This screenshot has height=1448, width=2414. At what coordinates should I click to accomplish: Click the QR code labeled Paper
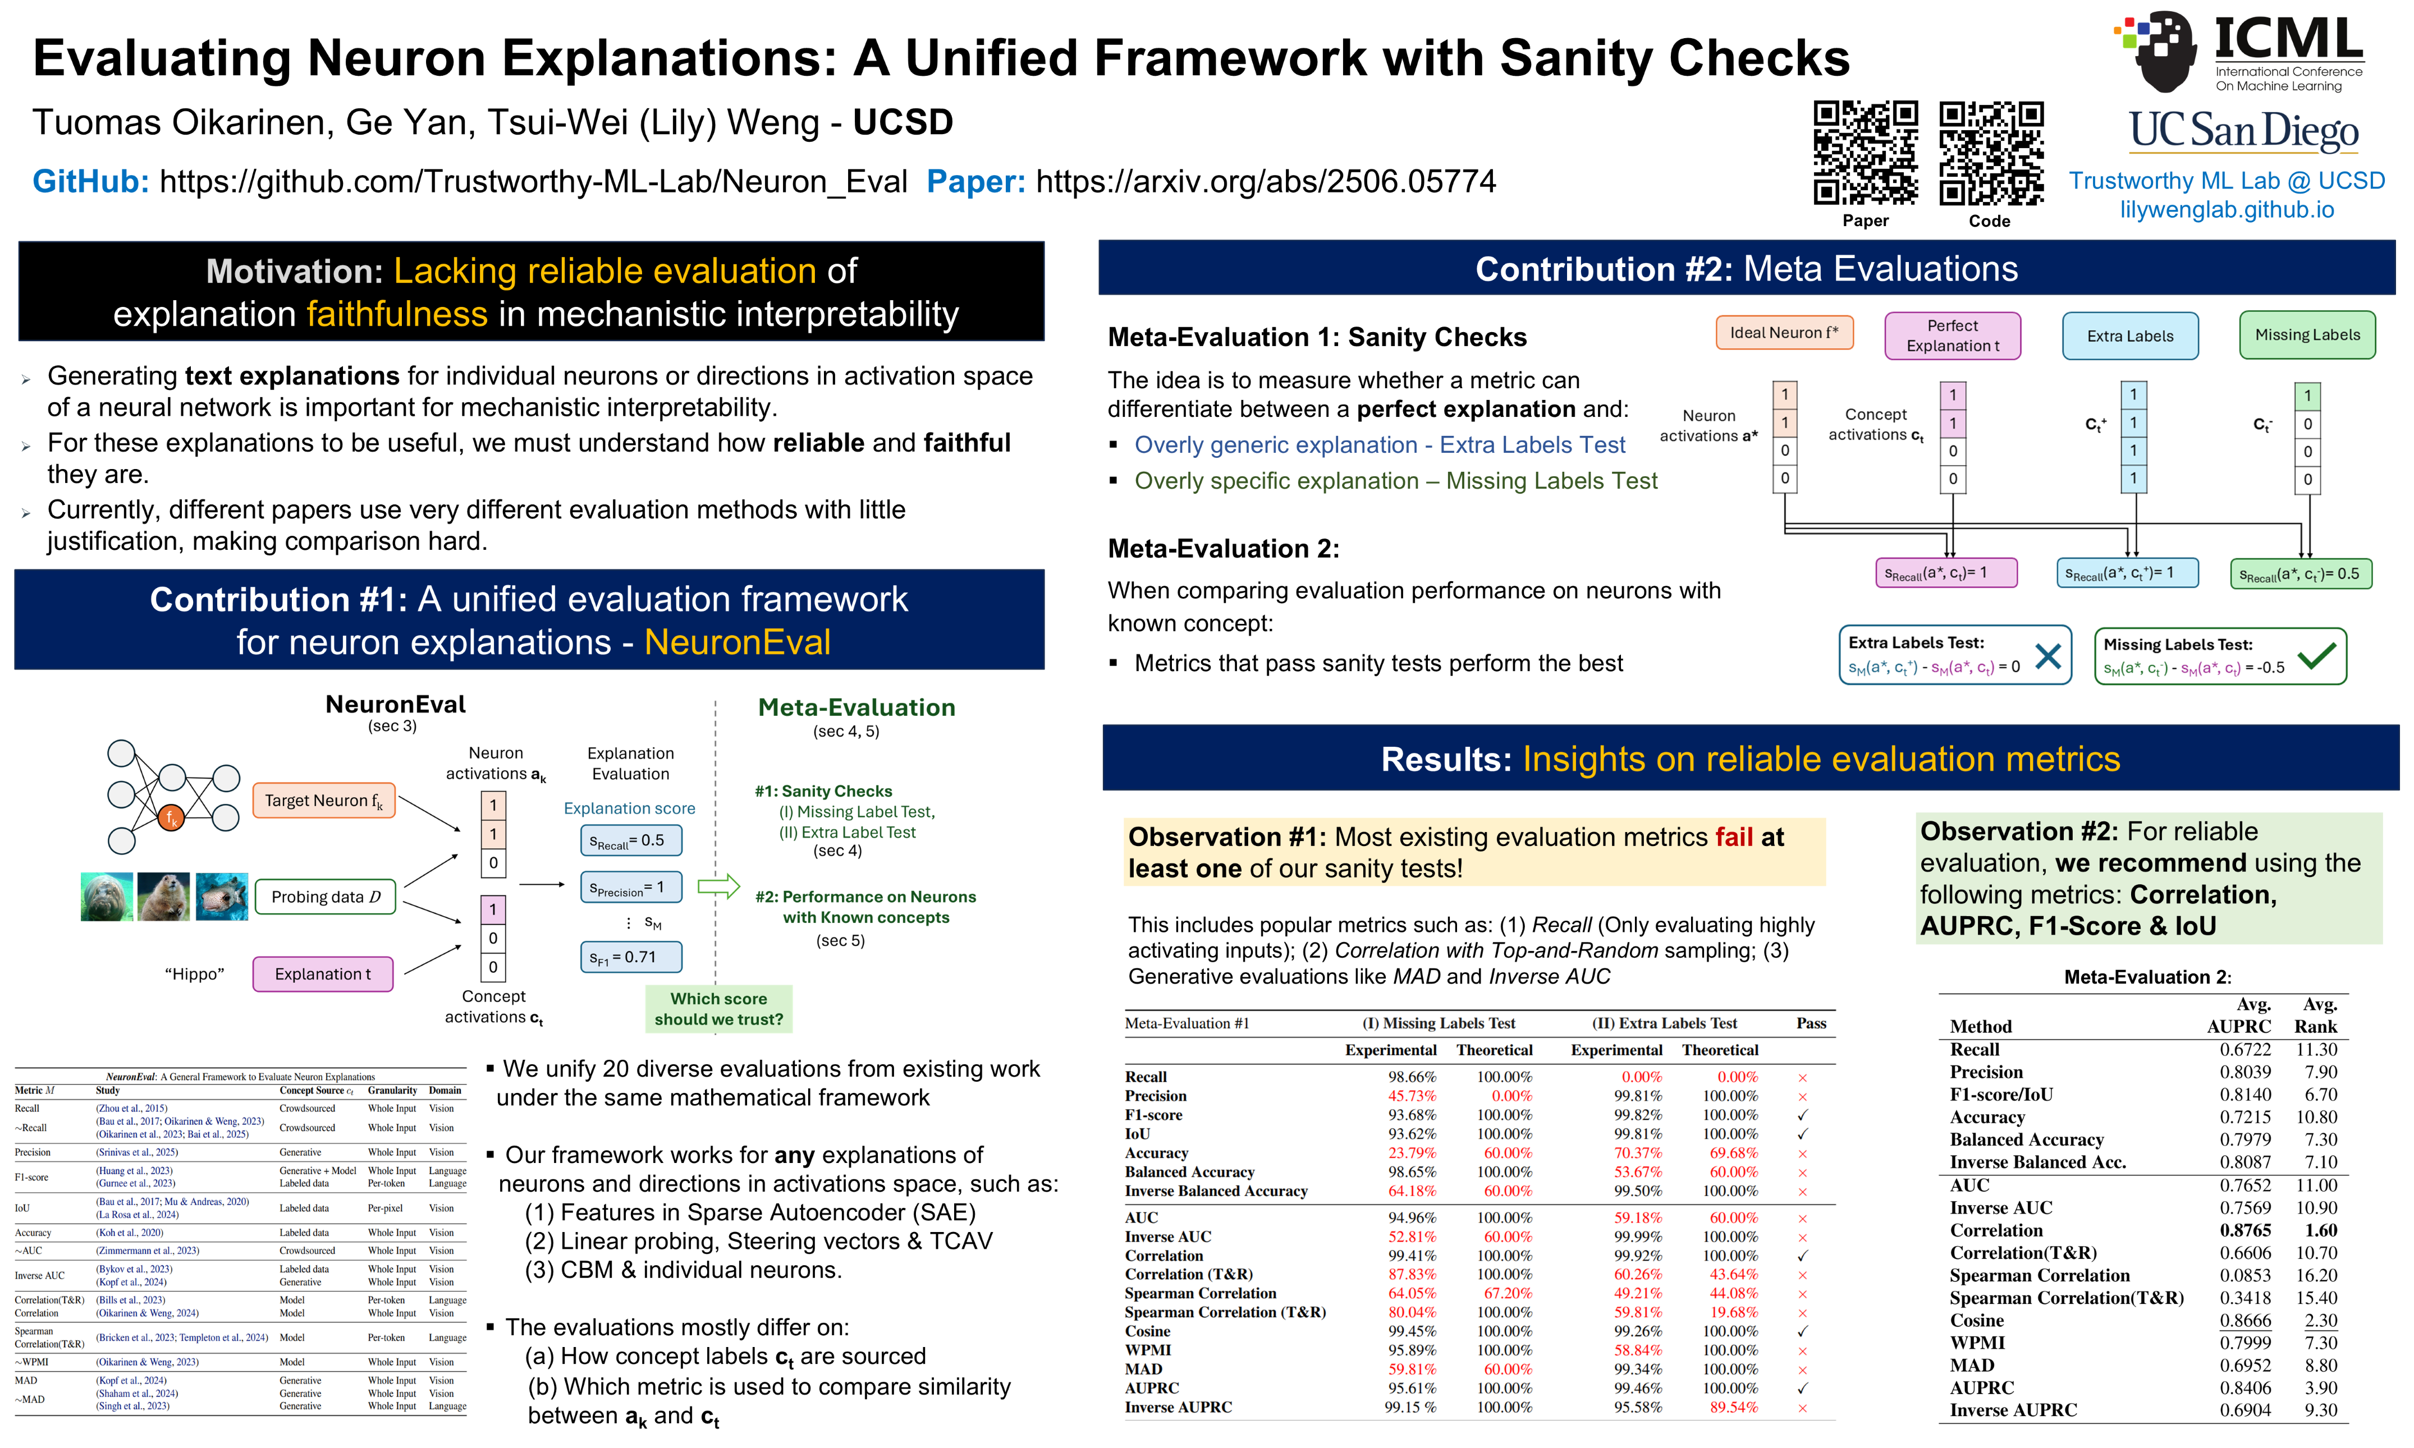1865,153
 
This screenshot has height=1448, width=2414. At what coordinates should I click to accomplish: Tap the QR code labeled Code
1990,153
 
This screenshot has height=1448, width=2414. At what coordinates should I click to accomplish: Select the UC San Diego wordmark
2243,131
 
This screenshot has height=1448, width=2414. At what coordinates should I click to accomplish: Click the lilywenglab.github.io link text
2227,210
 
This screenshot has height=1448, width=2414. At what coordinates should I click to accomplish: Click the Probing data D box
325,897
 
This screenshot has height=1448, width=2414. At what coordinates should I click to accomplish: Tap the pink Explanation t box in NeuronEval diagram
323,974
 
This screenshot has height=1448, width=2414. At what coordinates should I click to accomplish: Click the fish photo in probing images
222,897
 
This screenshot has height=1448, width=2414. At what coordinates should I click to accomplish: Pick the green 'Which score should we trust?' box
718,1009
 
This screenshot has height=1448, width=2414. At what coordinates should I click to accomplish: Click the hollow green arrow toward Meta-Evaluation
718,886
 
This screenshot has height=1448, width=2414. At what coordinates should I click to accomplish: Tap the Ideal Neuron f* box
1783,333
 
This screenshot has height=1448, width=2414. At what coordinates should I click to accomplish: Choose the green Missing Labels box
2307,335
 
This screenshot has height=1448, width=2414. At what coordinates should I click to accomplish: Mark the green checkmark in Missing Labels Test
2316,656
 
